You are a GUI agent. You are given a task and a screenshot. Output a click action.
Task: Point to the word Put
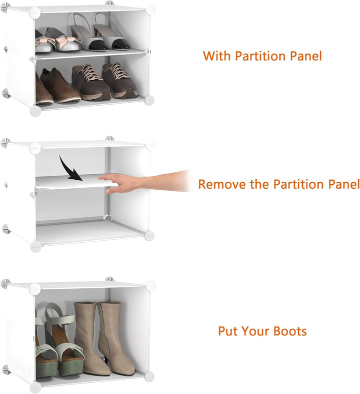[x=228, y=331]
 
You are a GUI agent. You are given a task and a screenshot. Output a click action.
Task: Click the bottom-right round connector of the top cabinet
[x=149, y=100]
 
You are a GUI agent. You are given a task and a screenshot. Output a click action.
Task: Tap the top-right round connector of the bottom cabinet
[x=150, y=286]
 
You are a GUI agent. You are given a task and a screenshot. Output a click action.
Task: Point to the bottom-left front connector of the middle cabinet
[x=36, y=246]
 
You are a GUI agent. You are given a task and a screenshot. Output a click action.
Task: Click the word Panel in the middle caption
[x=340, y=184]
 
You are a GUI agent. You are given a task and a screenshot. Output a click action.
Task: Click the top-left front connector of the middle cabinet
[x=35, y=148]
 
